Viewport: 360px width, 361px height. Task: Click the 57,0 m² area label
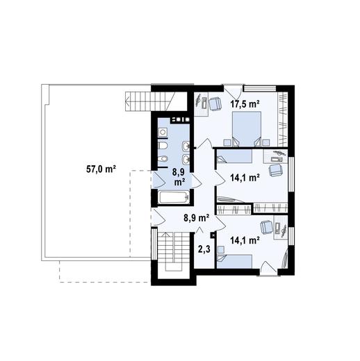(101, 169)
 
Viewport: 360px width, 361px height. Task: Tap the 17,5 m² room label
(245, 104)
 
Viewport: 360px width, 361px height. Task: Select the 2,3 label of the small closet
(204, 249)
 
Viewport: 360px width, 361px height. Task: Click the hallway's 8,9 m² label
(197, 218)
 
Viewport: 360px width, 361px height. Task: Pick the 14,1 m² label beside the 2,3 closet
(245, 241)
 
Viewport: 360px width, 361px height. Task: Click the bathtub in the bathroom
(174, 197)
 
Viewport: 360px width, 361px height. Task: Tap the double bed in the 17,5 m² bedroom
(247, 129)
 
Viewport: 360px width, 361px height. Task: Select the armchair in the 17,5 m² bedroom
(215, 104)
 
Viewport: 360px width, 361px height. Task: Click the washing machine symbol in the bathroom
(163, 133)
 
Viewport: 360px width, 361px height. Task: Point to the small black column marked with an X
(213, 235)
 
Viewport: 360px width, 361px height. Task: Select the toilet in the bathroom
(163, 146)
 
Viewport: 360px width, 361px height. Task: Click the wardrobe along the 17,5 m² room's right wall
(283, 119)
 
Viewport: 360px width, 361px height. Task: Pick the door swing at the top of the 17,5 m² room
(233, 92)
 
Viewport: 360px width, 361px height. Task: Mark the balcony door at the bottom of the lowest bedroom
(269, 268)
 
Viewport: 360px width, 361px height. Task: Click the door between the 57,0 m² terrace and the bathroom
(158, 179)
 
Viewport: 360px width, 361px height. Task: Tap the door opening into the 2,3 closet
(199, 230)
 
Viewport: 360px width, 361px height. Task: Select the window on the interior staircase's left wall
(153, 244)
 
